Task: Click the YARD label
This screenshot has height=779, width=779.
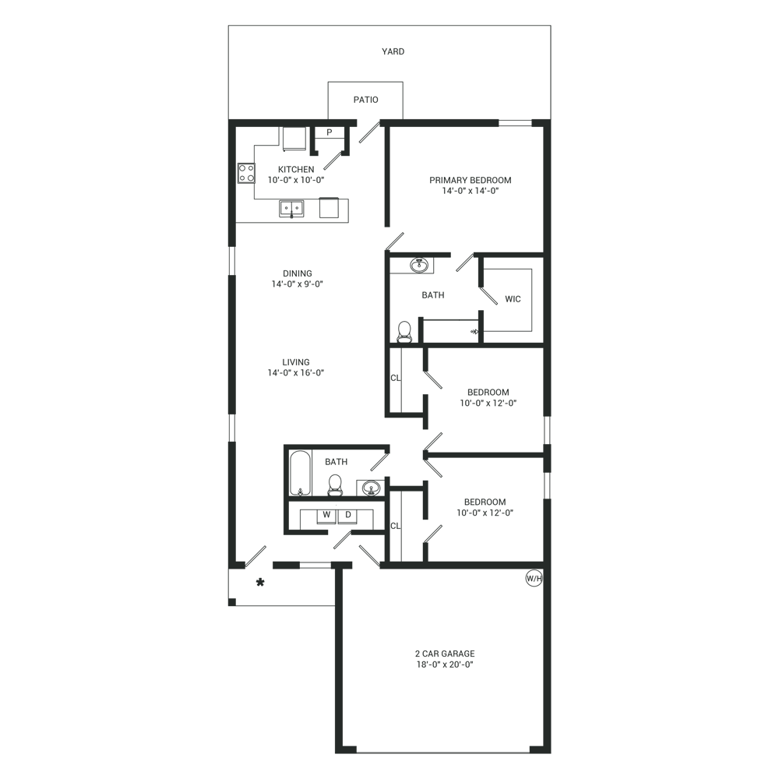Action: coord(393,51)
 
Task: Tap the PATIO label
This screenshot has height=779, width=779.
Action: coord(365,100)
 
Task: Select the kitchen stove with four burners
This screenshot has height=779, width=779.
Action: coord(246,174)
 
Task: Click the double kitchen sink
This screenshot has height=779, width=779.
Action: coord(291,208)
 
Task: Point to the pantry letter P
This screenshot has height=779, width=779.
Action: coord(329,132)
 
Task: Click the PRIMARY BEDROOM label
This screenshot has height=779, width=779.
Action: coord(470,181)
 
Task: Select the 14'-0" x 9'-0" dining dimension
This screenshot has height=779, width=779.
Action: coord(297,284)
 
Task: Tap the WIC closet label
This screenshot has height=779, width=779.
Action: coord(513,299)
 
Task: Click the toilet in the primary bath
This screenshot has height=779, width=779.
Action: coord(405,332)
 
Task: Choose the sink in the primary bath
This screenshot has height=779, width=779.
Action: coord(420,265)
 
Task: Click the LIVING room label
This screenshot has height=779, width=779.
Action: coord(296,362)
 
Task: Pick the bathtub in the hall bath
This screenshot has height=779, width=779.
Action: coord(300,473)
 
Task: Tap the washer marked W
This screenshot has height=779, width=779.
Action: coord(326,516)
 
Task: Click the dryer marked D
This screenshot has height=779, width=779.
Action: coord(347,516)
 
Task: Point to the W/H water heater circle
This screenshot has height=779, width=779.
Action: coord(534,578)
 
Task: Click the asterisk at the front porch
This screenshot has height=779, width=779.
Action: coord(260,582)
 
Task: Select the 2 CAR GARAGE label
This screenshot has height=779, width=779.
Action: coord(445,654)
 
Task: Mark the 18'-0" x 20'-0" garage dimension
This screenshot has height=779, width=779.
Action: coord(445,664)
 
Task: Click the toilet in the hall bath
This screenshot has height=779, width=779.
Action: coord(335,485)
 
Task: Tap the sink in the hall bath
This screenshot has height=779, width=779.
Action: coord(370,488)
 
